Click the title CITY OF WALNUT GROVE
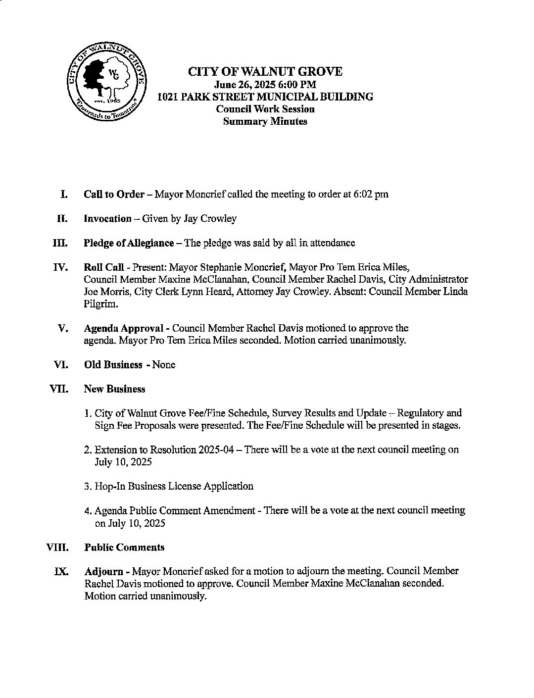pyautogui.click(x=265, y=72)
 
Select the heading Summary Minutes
pyautogui.click(x=265, y=121)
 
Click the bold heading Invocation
pyautogui.click(x=108, y=218)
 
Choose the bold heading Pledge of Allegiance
pyautogui.click(x=129, y=243)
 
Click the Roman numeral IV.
pyautogui.click(x=60, y=268)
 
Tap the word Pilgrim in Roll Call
pyautogui.click(x=100, y=304)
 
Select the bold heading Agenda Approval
pyautogui.click(x=123, y=328)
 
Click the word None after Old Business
pyautogui.click(x=164, y=365)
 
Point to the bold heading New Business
pyautogui.click(x=114, y=389)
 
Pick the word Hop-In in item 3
pyautogui.click(x=110, y=486)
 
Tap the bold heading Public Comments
pyautogui.click(x=124, y=547)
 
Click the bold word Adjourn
pyautogui.click(x=103, y=571)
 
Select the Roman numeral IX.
pyautogui.click(x=61, y=571)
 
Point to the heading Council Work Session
pyautogui.click(x=265, y=109)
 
